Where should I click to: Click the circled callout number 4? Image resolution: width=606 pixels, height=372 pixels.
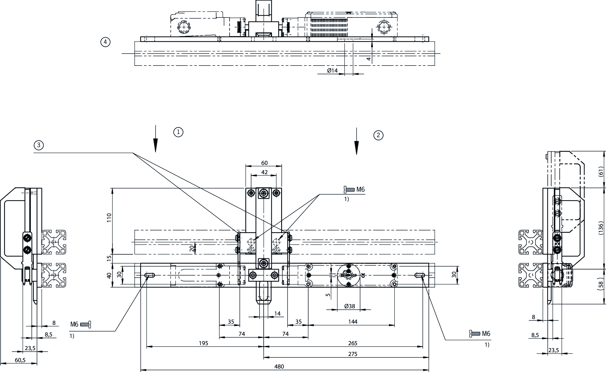click(105, 42)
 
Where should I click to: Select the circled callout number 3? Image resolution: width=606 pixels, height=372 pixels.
click(39, 145)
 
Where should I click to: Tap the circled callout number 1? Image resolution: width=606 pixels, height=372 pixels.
click(178, 132)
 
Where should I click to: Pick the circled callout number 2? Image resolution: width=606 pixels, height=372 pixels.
click(378, 135)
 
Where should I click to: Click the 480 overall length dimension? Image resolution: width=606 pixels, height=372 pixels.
click(279, 366)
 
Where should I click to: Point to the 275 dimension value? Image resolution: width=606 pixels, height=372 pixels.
click(353, 354)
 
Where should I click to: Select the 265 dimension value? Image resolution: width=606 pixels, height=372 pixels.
click(353, 343)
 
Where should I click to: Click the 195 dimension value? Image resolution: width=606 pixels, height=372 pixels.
click(203, 343)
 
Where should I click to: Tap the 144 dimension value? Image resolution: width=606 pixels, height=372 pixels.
click(353, 322)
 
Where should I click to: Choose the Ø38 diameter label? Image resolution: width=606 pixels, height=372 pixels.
click(349, 306)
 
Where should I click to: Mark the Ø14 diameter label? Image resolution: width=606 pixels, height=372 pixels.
click(332, 70)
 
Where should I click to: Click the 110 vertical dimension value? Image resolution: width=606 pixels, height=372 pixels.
click(109, 218)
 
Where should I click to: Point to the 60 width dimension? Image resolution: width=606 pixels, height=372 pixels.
click(264, 163)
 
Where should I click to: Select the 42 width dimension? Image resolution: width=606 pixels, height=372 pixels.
click(264, 172)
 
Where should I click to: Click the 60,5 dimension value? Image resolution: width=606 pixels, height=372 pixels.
click(20, 360)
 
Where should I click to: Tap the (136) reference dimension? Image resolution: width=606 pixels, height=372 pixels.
click(600, 228)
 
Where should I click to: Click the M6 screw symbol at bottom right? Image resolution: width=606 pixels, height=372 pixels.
click(475, 334)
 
